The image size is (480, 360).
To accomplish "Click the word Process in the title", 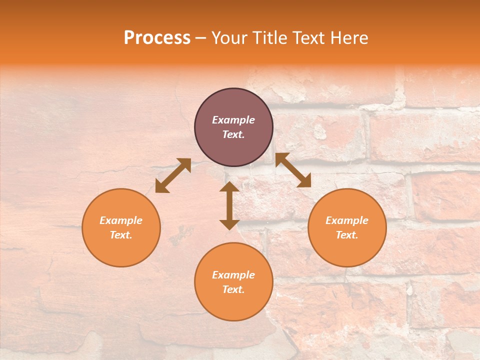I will [x=157, y=38].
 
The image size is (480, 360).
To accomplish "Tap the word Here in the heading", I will [x=348, y=38].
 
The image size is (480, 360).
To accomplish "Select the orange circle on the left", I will [x=121, y=250].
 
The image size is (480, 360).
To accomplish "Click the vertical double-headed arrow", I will [x=229, y=205].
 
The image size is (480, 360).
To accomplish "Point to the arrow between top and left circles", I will [x=173, y=175].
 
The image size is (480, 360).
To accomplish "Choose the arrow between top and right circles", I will [x=293, y=170].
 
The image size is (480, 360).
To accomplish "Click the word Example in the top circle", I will [x=233, y=120].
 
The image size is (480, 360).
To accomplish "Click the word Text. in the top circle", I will [x=233, y=134].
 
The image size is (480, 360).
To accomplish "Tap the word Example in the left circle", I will [x=121, y=220].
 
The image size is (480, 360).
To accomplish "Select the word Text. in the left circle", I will [x=121, y=235].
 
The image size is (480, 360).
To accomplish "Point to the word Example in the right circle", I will [x=347, y=220].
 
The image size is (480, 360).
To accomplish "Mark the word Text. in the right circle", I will [x=347, y=235].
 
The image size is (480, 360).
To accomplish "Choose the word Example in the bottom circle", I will [x=233, y=275].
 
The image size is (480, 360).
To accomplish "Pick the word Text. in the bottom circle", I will [x=233, y=289].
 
